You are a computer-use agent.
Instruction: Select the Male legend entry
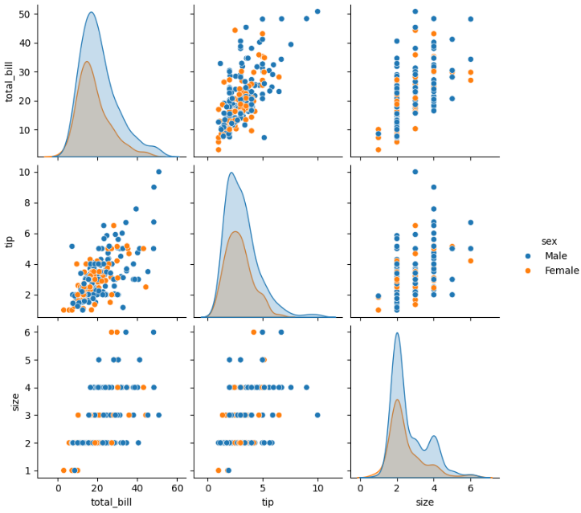[x=555, y=255]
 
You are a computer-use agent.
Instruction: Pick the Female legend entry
[x=561, y=271]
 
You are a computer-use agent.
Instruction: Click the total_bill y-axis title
[x=10, y=81]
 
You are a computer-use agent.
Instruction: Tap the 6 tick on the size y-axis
[x=26, y=332]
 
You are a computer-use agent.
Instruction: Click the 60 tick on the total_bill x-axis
[x=176, y=488]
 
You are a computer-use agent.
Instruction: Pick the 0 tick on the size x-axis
[x=360, y=488]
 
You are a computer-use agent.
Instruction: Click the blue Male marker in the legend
[x=527, y=255]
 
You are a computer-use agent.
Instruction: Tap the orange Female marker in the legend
[x=527, y=271]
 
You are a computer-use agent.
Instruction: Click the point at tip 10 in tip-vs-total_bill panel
[x=158, y=172]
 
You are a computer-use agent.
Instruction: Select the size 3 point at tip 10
[x=317, y=415]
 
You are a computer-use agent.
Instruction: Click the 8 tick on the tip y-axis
[x=26, y=202]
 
